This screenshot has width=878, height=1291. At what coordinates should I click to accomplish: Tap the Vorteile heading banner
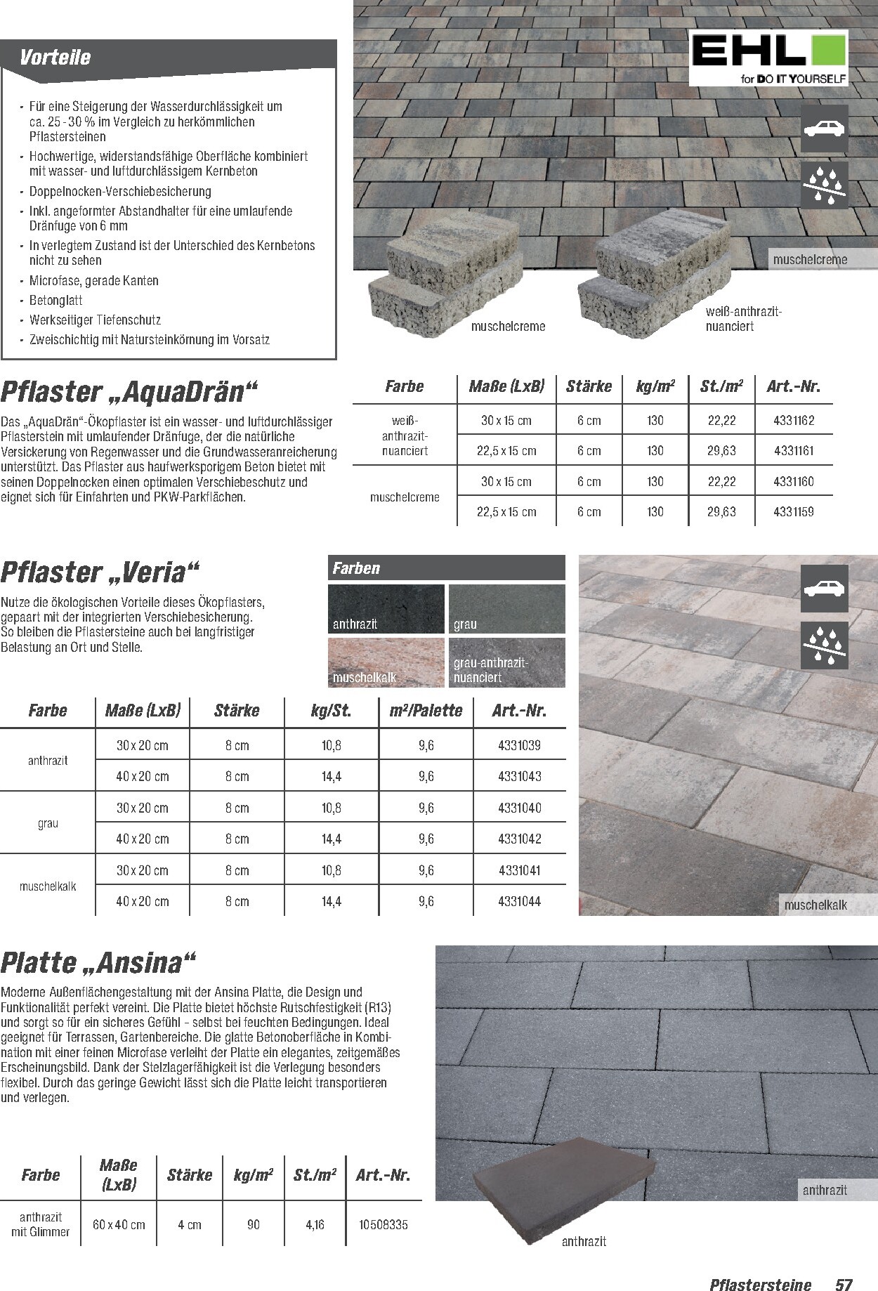(169, 56)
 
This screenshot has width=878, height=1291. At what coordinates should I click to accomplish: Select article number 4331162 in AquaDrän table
(794, 421)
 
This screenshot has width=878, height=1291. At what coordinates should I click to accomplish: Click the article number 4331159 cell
(794, 512)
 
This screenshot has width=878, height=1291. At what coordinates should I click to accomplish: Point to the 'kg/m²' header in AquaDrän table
(655, 386)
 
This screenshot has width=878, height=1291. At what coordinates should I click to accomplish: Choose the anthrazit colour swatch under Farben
(386, 608)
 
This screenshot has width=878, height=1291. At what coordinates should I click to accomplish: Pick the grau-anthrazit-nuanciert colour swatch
(506, 662)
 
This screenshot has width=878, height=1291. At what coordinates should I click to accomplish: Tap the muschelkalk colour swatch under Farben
(386, 662)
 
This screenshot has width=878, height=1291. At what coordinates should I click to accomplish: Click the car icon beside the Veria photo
(825, 589)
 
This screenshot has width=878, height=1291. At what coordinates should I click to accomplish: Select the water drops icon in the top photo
(825, 185)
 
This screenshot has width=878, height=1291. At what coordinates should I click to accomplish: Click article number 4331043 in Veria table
(519, 776)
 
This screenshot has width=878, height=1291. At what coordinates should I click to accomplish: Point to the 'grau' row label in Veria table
(48, 823)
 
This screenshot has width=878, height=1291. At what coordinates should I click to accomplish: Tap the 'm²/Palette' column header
(426, 711)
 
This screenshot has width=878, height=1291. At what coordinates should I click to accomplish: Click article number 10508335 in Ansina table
(383, 1225)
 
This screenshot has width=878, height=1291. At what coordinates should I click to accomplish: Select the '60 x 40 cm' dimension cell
(119, 1225)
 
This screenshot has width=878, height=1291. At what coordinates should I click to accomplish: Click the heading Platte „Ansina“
(99, 963)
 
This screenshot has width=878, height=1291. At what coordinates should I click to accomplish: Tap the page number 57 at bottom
(843, 1266)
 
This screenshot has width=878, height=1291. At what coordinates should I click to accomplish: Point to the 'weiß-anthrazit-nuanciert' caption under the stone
(743, 319)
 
